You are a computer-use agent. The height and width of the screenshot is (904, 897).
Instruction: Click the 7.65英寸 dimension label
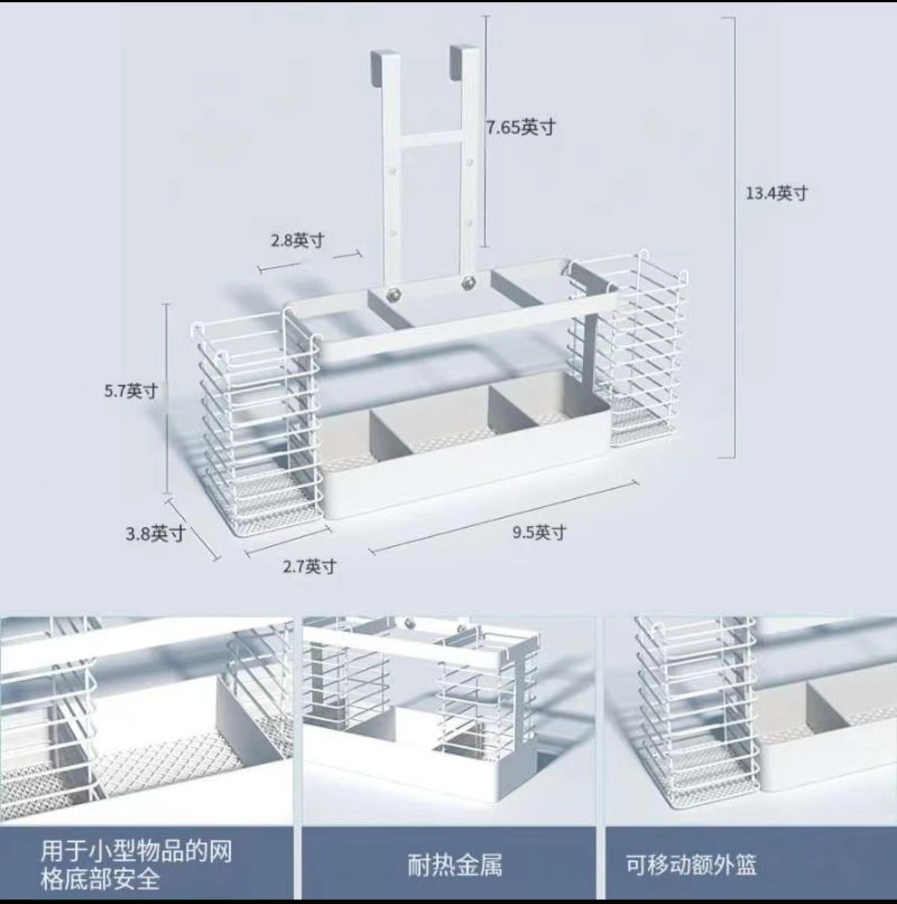(x=521, y=127)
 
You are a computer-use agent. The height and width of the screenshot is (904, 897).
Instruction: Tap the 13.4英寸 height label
(x=777, y=193)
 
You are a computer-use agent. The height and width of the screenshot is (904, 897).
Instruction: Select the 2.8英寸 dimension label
(x=297, y=241)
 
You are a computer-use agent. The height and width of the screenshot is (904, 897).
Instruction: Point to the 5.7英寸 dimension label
(x=131, y=390)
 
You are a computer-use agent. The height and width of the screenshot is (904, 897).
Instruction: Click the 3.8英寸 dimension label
(x=155, y=533)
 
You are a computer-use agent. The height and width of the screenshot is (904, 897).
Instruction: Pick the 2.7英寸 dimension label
(x=309, y=567)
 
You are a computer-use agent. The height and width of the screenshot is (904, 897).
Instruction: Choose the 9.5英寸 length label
(x=539, y=532)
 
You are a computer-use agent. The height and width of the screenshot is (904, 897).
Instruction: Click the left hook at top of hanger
(x=382, y=66)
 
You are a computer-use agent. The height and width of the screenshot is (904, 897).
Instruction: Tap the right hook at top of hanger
(x=464, y=60)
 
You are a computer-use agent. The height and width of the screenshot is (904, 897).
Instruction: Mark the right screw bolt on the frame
(x=469, y=282)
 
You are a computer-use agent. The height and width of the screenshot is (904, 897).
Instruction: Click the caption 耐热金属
(x=454, y=865)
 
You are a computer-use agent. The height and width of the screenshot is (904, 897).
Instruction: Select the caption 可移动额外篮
(x=691, y=865)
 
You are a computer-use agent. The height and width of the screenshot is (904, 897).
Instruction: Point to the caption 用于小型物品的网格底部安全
(x=136, y=864)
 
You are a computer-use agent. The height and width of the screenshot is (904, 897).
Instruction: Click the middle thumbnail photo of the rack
(x=449, y=718)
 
